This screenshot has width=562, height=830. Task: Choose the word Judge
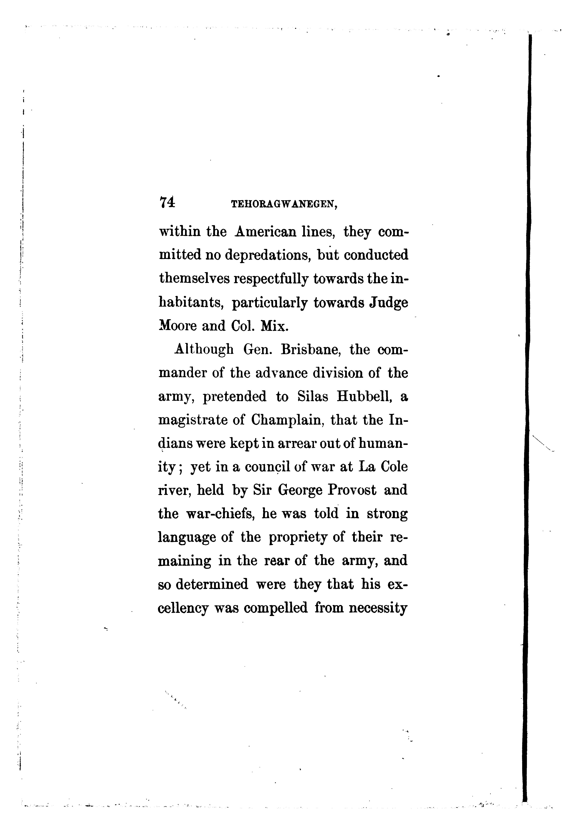(389, 303)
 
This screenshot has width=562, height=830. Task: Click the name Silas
(313, 397)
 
